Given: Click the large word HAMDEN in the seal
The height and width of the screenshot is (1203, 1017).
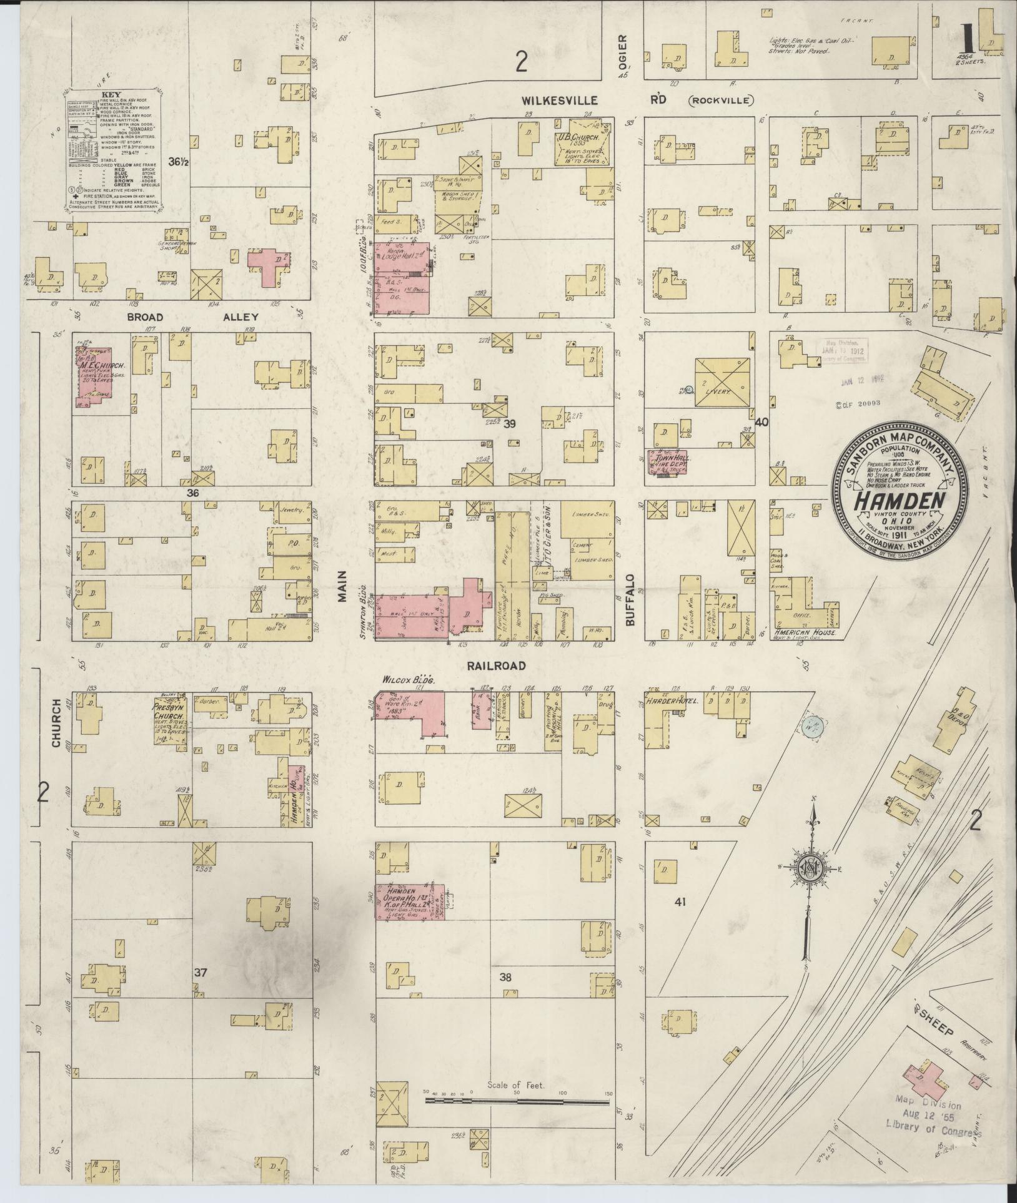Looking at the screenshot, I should point(890,502).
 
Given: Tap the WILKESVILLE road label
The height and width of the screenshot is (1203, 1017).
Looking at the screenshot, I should point(560,101).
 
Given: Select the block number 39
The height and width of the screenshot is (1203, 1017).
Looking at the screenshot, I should point(510,424).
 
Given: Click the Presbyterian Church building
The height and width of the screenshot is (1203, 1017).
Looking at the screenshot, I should point(170,720).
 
